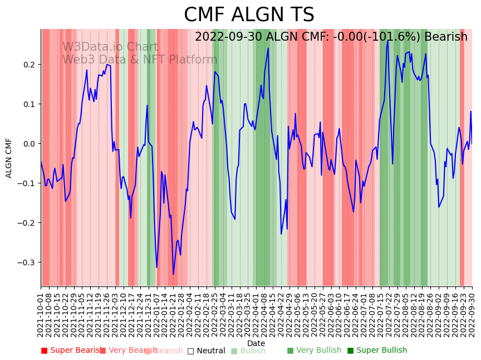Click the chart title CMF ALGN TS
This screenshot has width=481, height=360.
(x=249, y=15)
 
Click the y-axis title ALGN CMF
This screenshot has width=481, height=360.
(x=9, y=158)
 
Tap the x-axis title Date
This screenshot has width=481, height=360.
(x=256, y=343)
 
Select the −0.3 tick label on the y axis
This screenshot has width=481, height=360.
(x=28, y=262)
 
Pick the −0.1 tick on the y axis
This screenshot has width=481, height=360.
(x=28, y=183)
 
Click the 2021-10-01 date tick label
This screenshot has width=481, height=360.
(x=41, y=315)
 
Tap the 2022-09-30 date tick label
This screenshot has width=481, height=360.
(x=473, y=315)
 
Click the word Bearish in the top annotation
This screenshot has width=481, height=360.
(x=445, y=37)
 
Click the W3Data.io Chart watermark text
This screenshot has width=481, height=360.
(x=110, y=47)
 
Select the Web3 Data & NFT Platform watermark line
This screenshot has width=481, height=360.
(x=140, y=60)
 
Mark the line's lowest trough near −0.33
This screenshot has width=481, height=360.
(x=173, y=274)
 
